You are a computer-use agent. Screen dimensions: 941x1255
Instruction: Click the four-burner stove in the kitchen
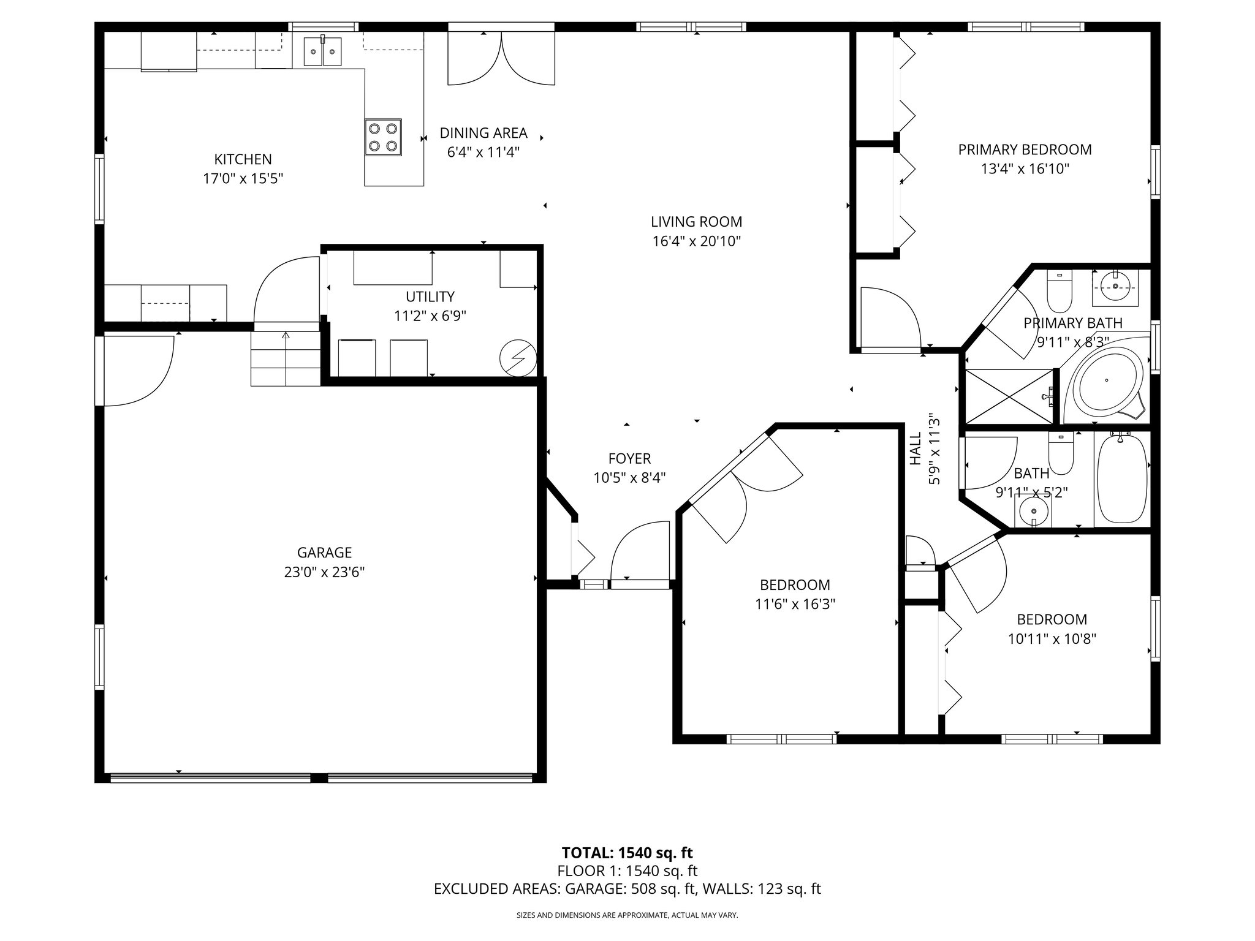pos(384,137)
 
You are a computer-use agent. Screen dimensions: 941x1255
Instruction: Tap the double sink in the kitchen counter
pos(322,50)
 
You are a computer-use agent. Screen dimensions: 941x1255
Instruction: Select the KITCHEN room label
pos(243,159)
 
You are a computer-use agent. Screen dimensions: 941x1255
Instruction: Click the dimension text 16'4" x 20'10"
pos(696,241)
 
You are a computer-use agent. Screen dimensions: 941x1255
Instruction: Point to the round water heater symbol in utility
pos(518,359)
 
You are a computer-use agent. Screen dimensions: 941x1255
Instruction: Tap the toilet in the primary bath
pos(1059,293)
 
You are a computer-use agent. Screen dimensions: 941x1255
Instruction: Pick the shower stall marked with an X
pos(1009,396)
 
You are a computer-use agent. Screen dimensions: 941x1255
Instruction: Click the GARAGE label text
pos(324,553)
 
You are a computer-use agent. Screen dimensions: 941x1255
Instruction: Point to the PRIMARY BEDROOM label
pos(1025,149)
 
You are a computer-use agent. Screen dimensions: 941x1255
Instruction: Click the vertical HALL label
pos(916,448)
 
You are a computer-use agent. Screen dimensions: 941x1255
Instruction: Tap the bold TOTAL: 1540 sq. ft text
pos(627,853)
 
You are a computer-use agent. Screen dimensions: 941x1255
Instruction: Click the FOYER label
pos(629,458)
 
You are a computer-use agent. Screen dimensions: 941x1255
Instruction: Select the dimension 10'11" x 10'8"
pos(1052,639)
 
